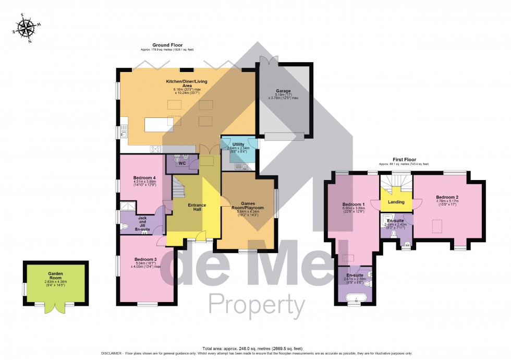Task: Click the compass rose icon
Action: (x=24, y=27)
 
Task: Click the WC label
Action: (x=182, y=163)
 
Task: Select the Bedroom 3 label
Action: (x=145, y=259)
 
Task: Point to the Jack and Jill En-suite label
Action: (x=142, y=224)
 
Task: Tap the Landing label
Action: (x=396, y=201)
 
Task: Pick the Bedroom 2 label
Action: (x=446, y=197)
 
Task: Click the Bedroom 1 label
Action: (x=353, y=204)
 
